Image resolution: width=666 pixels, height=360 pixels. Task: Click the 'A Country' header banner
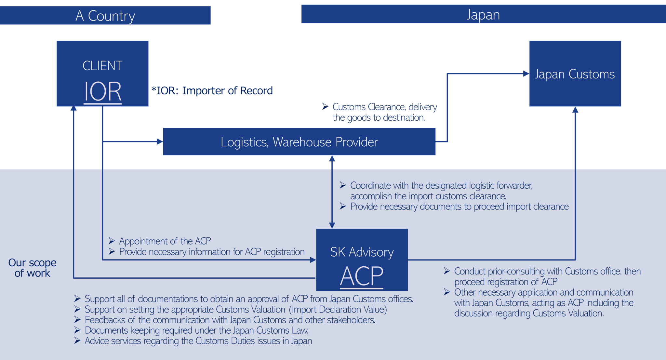[105, 16]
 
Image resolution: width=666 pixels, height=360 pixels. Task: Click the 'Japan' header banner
[483, 15]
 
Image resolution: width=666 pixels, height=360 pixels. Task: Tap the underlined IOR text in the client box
[103, 92]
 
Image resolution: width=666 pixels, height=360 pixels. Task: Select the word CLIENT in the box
[102, 66]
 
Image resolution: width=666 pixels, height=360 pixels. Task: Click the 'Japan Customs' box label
[575, 74]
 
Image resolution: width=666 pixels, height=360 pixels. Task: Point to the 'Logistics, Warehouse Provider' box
[299, 142]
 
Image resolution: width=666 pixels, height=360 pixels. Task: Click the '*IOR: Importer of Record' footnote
[212, 91]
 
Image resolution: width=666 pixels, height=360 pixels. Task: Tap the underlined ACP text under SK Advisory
[362, 276]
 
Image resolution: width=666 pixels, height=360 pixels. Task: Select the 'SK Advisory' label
[362, 252]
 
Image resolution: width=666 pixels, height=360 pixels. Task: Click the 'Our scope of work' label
[32, 268]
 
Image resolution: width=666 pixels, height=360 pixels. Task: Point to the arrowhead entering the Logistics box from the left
[160, 141]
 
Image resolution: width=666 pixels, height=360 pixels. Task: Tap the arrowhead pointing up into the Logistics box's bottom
[332, 158]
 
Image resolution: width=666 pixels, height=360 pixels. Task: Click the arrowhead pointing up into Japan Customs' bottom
[575, 110]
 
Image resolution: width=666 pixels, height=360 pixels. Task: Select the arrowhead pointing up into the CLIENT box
[74, 109]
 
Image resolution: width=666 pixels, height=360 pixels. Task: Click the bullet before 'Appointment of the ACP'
[112, 241]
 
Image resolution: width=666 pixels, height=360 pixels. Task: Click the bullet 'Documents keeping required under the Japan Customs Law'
[196, 330]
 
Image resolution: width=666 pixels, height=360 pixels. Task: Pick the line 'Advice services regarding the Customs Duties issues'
[198, 341]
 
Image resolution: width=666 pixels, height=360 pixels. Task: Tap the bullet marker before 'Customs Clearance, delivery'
[325, 107]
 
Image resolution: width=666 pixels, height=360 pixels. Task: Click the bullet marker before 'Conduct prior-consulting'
[447, 271]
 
